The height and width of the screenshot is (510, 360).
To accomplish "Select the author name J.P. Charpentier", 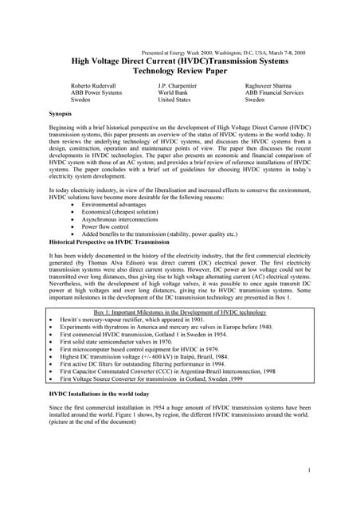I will pos(181,84).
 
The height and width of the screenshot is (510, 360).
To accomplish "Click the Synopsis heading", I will pos(63,115).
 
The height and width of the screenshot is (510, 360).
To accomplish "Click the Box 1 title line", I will pos(180,312).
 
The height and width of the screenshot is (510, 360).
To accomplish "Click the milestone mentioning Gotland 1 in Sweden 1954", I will pos(147,334).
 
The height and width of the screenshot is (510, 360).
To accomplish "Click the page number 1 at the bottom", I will pos(307,471).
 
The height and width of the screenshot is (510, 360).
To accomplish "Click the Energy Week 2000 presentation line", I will pos(223,52).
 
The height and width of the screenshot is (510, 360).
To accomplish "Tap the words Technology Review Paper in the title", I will pos(179,70).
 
